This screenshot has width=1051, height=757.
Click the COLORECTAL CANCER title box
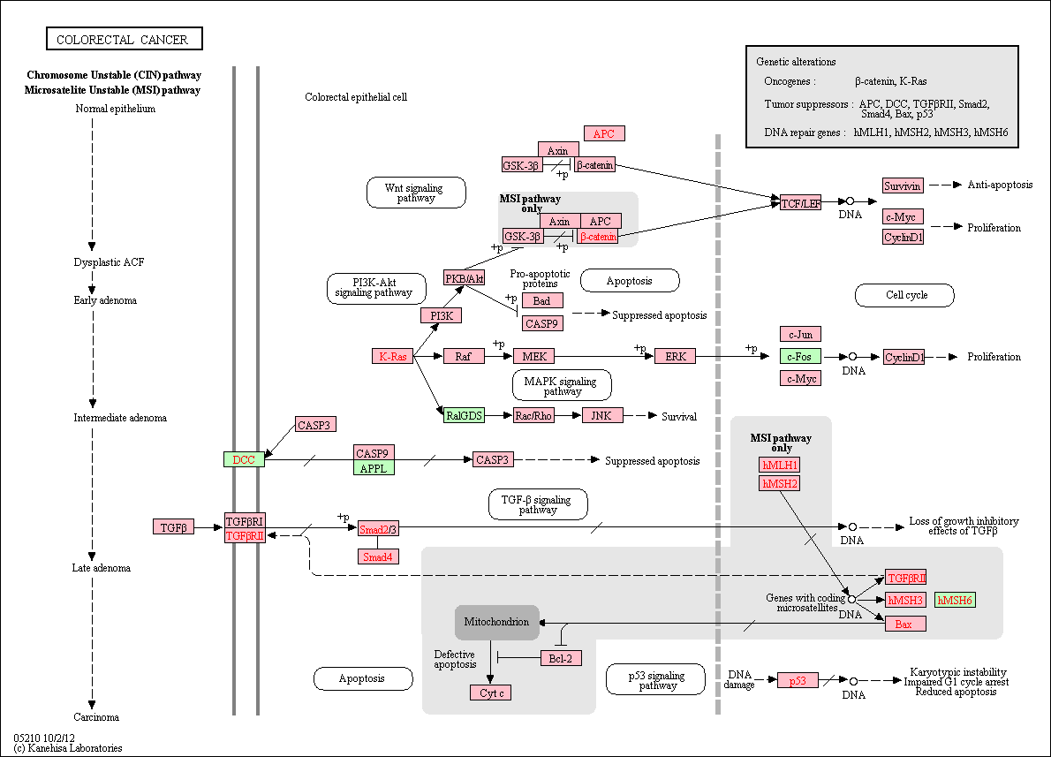point(125,39)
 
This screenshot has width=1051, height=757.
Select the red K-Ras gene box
point(393,356)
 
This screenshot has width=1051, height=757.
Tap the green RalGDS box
point(464,415)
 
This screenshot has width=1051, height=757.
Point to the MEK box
point(534,356)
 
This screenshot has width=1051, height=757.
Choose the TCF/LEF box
point(800,202)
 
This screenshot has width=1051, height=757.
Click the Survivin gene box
point(903,185)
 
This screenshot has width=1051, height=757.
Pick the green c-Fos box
point(800,356)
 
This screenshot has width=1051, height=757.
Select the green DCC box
point(244,459)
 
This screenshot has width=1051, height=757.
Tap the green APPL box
point(374,468)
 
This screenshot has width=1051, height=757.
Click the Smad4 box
point(378,556)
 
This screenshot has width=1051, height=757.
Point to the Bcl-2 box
point(561,658)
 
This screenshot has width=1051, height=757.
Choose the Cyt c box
point(491,693)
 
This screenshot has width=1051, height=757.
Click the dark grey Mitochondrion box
point(496,622)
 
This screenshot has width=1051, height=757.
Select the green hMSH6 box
point(955,600)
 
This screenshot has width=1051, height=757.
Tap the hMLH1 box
point(780,465)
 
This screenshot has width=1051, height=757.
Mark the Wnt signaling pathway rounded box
point(416,193)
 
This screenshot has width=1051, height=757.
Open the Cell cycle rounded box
point(905,295)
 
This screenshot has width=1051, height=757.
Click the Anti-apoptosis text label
point(1000,185)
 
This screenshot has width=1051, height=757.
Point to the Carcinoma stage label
point(96,716)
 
